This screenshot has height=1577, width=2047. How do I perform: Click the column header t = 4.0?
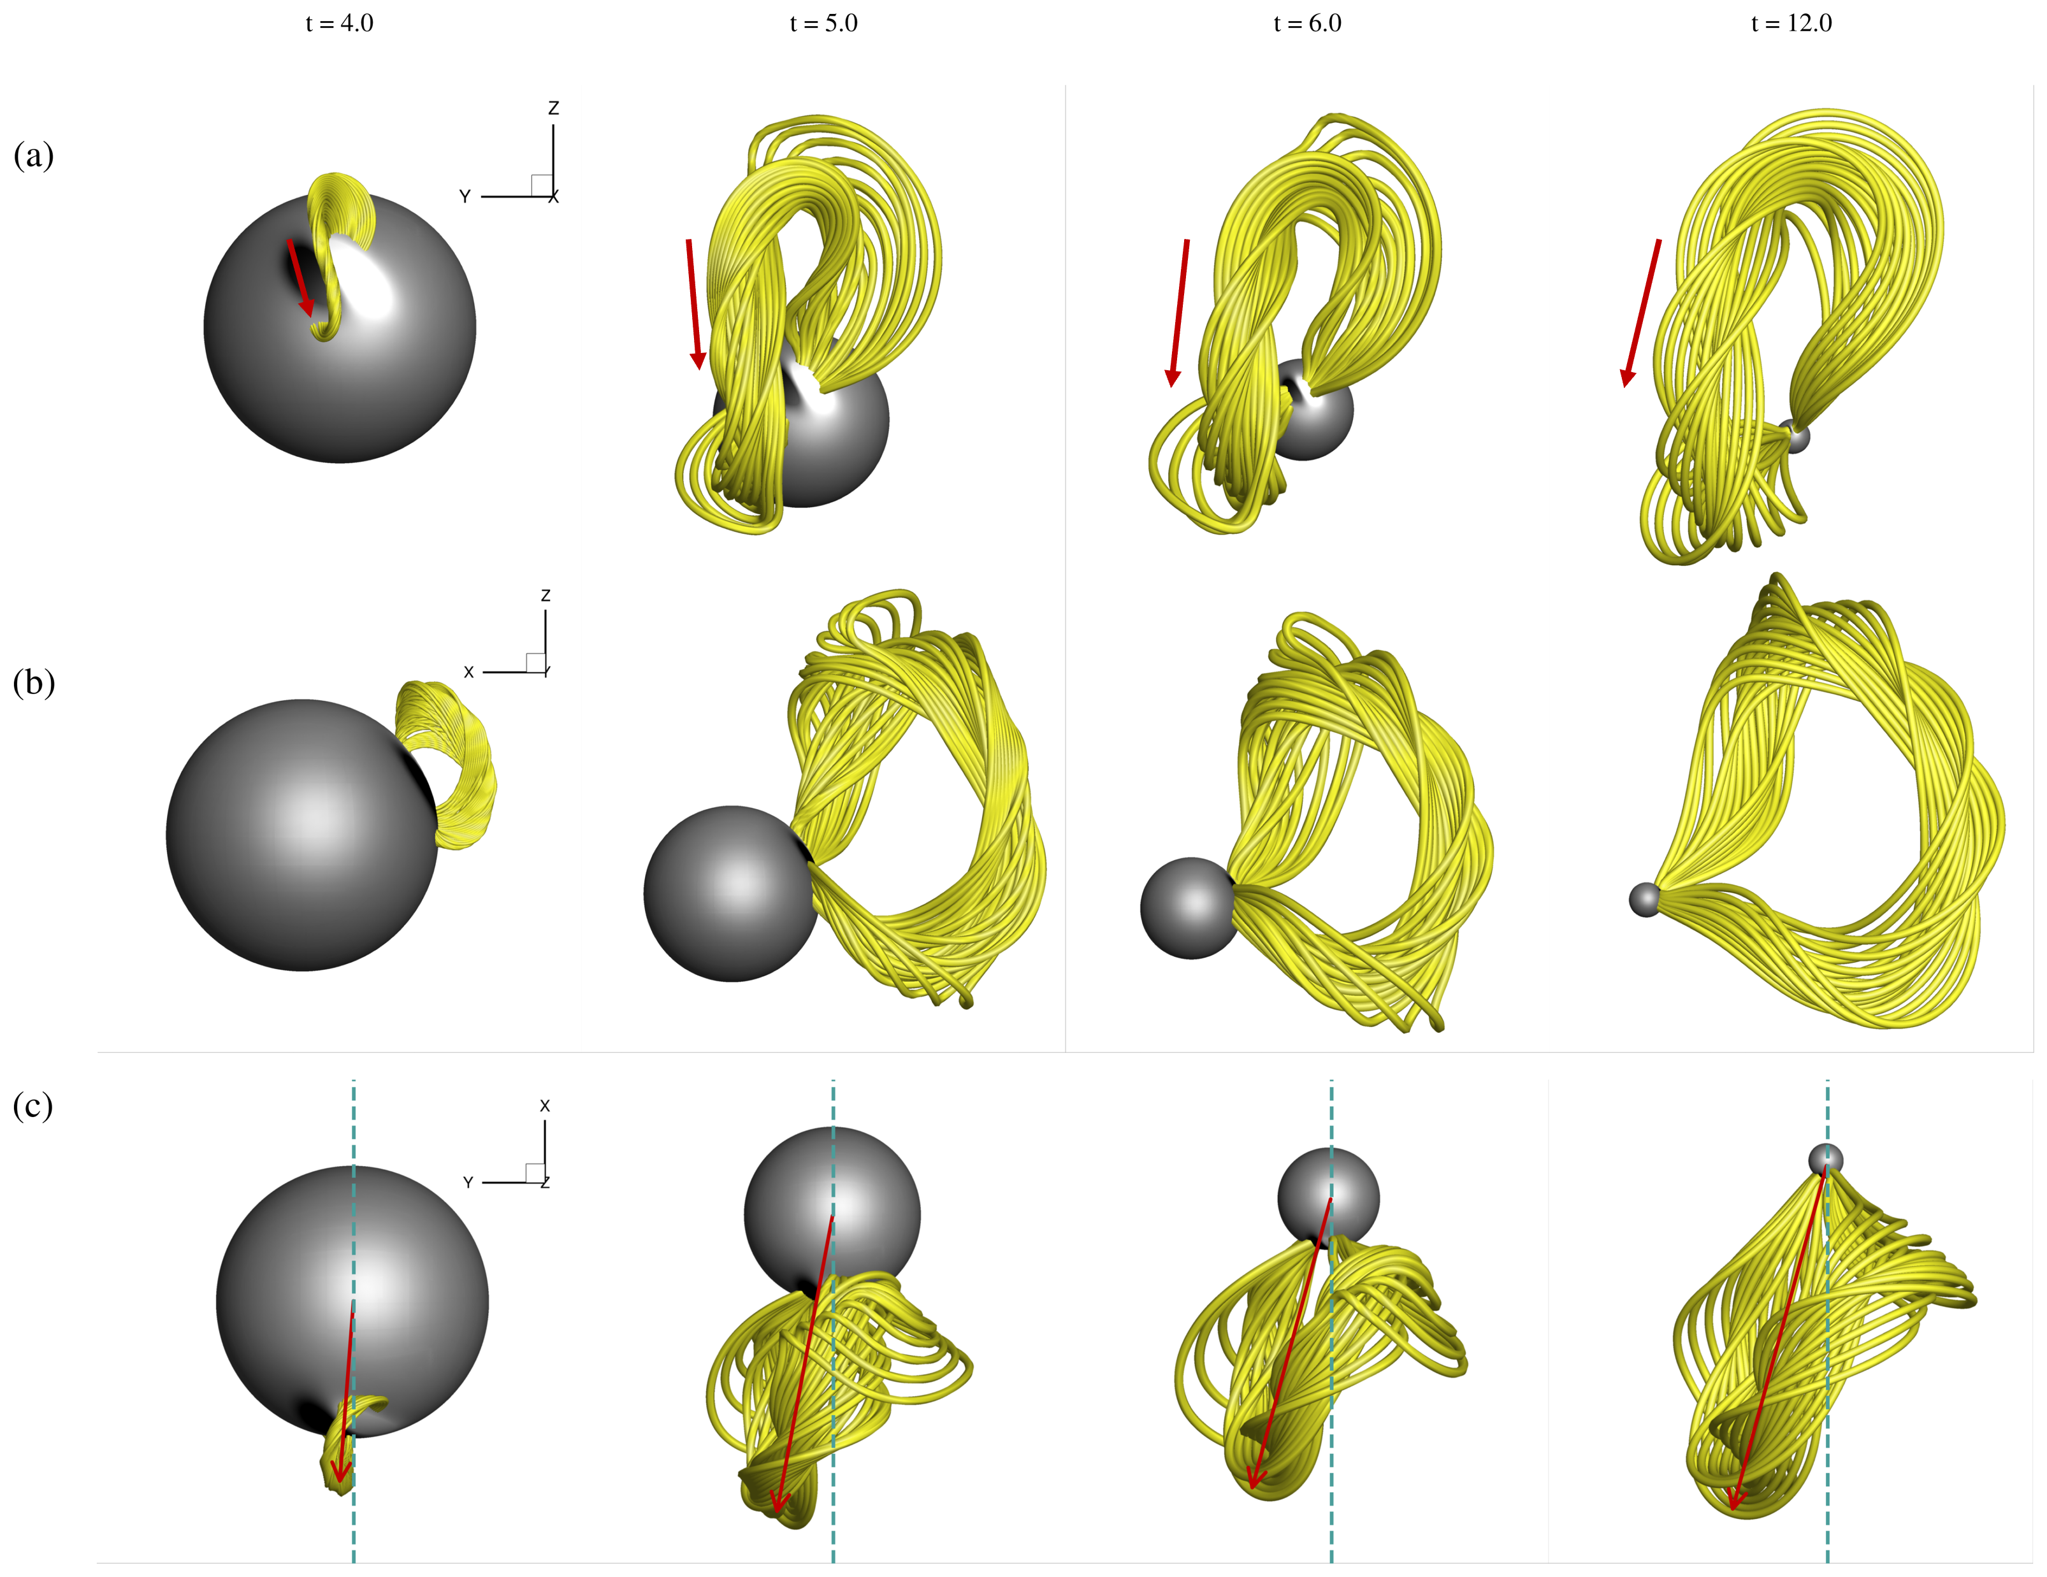(x=339, y=24)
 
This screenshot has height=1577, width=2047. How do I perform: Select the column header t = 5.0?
(x=824, y=24)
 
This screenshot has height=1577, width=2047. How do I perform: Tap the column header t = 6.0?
(x=1308, y=24)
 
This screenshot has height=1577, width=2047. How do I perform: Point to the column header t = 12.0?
(x=1791, y=24)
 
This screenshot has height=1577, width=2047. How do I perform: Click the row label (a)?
(x=34, y=155)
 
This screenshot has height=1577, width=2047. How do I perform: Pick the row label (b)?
(x=34, y=682)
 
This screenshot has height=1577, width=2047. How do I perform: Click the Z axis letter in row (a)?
(x=554, y=109)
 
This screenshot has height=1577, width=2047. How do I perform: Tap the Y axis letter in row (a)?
(x=465, y=197)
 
